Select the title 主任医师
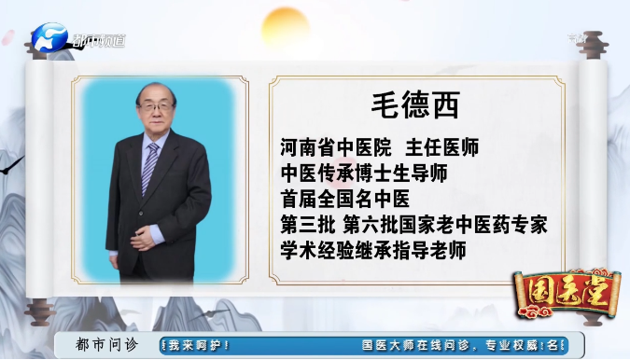pos(441,147)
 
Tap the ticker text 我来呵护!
pos(200,345)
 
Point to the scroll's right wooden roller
pos(591,177)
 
